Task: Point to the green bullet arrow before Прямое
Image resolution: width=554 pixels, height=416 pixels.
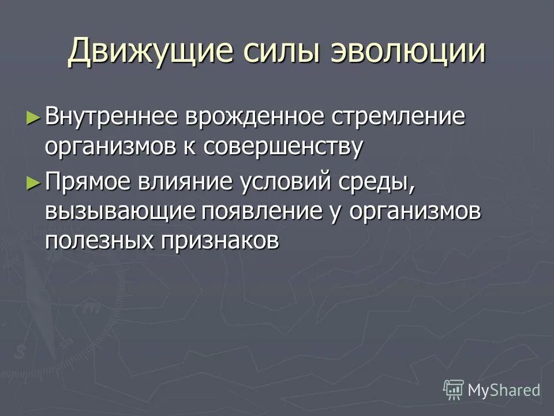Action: (33, 183)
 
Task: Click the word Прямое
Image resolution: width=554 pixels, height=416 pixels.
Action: (89, 183)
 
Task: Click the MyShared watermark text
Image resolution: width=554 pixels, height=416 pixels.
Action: (504, 390)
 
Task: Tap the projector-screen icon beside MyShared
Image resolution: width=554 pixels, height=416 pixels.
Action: (454, 390)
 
